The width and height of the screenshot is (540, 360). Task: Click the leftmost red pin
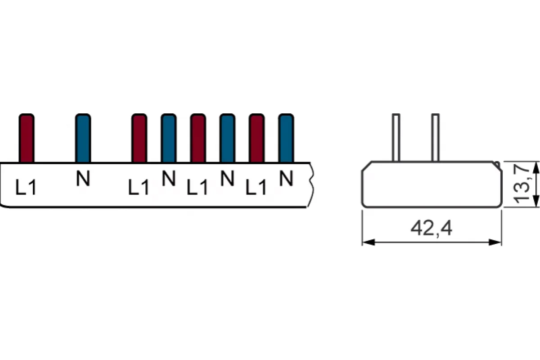(x=27, y=138)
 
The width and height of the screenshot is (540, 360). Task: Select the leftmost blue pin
(x=83, y=138)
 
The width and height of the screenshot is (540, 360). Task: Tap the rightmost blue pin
(x=286, y=138)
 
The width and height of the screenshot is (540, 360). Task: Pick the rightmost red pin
(x=257, y=138)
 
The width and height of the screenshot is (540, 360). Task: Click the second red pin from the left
(x=139, y=138)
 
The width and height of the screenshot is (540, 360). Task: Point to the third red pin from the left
(x=198, y=138)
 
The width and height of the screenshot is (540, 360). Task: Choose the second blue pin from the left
(x=169, y=138)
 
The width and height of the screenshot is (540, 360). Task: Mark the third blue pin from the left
(x=227, y=138)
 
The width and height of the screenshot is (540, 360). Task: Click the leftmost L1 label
(x=26, y=187)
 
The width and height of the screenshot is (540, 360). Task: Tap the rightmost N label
(x=286, y=178)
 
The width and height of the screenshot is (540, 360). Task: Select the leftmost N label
(x=83, y=178)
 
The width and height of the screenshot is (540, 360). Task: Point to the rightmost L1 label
(x=256, y=187)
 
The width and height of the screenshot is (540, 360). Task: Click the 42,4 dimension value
(x=432, y=228)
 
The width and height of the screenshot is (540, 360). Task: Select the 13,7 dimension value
(x=522, y=184)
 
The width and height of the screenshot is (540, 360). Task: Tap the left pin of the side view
(x=396, y=137)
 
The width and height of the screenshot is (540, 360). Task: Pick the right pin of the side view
(x=435, y=137)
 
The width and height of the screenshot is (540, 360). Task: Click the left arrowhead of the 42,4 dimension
(x=369, y=243)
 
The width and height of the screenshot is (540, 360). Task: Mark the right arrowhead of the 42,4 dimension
(x=495, y=243)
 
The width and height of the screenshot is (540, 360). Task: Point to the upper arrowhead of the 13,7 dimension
(x=536, y=167)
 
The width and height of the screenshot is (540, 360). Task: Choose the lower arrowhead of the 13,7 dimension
(x=536, y=201)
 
